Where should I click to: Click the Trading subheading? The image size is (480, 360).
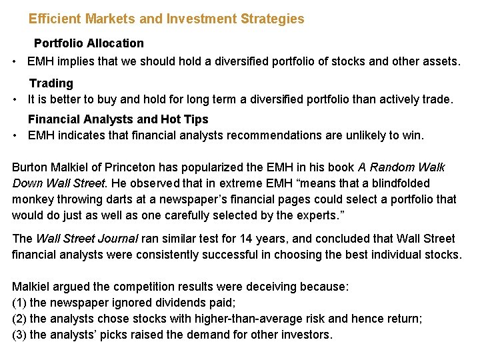click(51, 83)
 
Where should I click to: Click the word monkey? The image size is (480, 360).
click(33, 199)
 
